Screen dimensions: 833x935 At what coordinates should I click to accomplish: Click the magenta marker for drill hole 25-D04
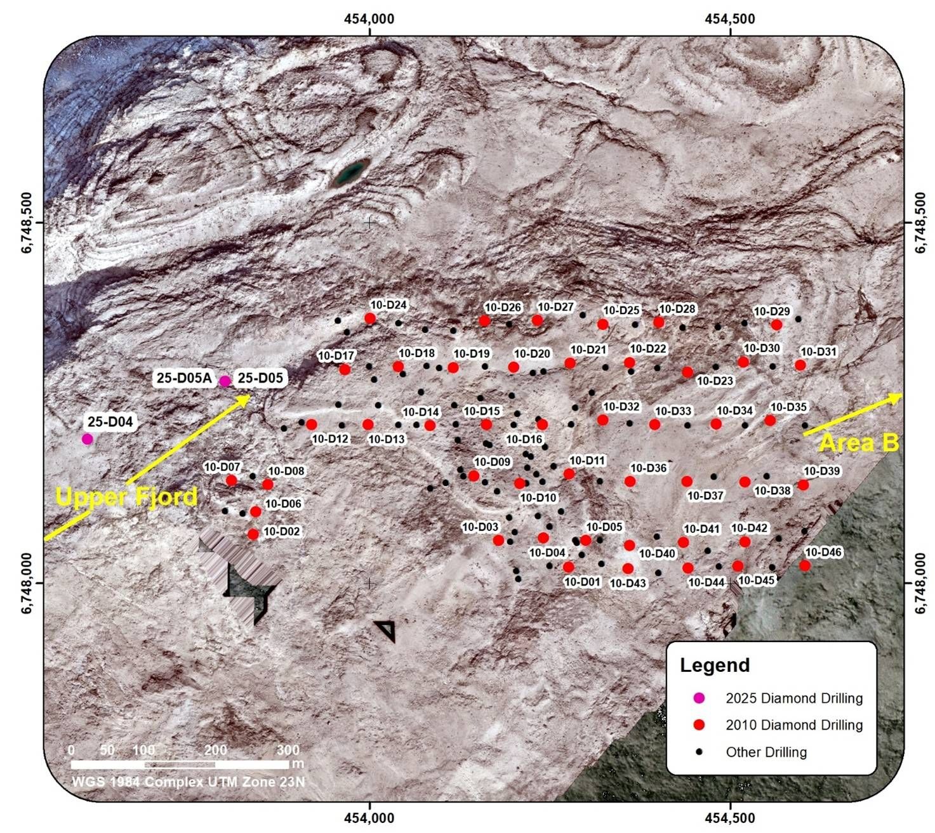[x=88, y=438]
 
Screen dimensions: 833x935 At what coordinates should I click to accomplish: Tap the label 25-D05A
[x=184, y=379]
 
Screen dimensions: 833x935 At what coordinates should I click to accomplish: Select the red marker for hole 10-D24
[x=370, y=318]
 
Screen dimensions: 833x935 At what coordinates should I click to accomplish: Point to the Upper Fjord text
[x=126, y=496]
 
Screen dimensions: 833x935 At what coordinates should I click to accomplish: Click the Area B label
[x=859, y=443]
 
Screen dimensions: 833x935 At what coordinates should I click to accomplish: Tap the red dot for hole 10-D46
[x=805, y=565]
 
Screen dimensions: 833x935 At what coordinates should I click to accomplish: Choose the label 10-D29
[x=771, y=312]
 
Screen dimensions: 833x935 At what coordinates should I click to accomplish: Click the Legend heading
[x=715, y=665]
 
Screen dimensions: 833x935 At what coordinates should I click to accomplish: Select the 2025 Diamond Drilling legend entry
[x=793, y=699]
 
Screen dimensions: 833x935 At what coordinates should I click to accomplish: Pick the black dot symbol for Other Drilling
[x=699, y=752]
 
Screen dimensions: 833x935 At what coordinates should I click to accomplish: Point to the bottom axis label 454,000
[x=370, y=818]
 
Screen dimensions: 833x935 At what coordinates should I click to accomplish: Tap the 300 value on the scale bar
[x=288, y=750]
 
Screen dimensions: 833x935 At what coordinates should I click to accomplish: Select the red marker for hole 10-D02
[x=253, y=534]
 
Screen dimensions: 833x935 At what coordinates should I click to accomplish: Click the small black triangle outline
[x=386, y=631]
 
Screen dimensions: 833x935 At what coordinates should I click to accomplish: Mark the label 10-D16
[x=524, y=439]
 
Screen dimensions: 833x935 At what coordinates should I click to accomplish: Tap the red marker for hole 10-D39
[x=803, y=485]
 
